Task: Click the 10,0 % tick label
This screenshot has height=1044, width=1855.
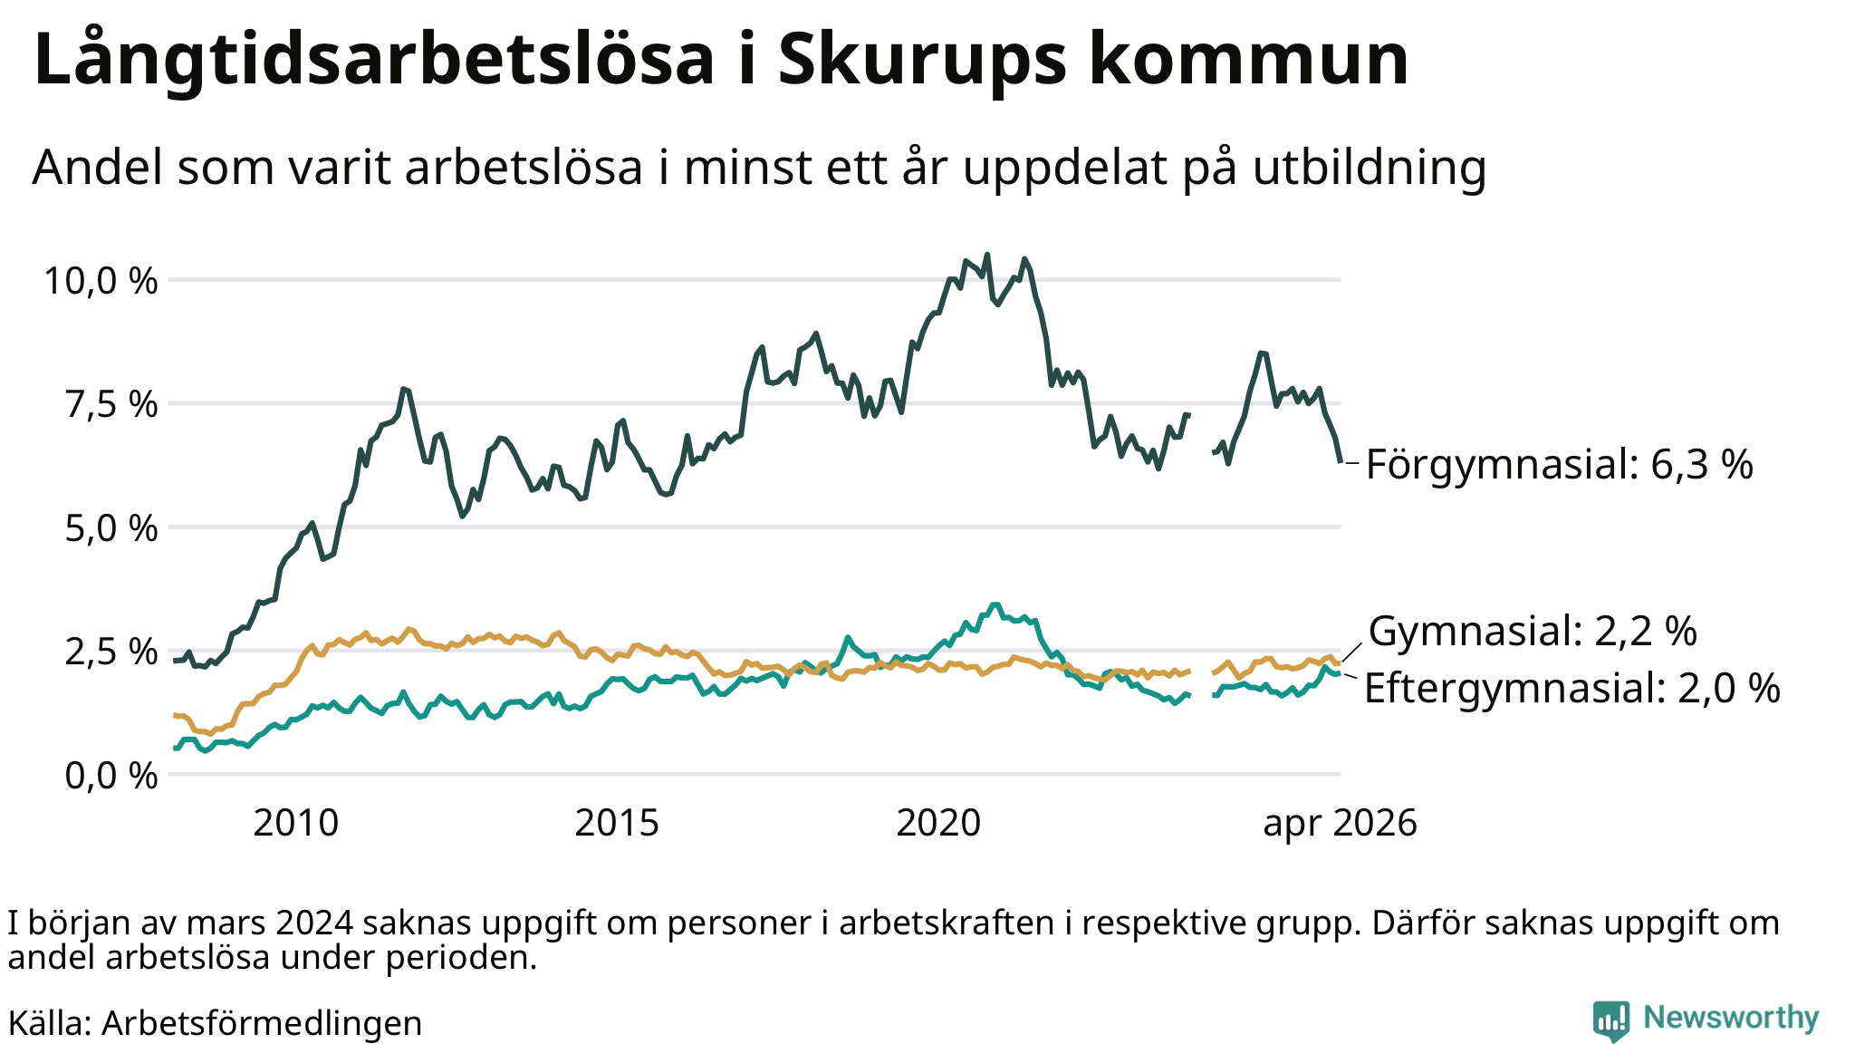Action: (101, 281)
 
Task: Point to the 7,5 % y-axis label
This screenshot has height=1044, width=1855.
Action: (111, 404)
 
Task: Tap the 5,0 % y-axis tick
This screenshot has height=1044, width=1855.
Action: (111, 527)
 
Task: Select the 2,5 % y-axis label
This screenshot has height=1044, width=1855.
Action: (111, 652)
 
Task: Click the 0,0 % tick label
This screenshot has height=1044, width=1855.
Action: (111, 775)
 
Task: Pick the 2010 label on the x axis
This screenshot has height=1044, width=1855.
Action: (295, 823)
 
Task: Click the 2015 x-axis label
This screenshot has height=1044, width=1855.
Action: (617, 823)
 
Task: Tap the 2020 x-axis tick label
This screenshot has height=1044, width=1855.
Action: (938, 823)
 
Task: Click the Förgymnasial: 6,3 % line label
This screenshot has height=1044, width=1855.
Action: (1559, 465)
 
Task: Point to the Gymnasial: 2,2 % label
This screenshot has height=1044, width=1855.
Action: (1533, 631)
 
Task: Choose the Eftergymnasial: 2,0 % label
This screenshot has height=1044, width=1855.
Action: (1572, 689)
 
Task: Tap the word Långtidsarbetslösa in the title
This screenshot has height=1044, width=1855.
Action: (374, 60)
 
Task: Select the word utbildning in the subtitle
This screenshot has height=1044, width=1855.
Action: (1370, 168)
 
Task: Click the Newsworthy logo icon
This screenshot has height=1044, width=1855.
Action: (1610, 1020)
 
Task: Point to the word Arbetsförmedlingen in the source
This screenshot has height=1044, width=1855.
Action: (262, 1023)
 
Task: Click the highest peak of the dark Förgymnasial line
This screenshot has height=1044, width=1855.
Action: (986, 255)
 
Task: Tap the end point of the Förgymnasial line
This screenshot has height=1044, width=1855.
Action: (1340, 461)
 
